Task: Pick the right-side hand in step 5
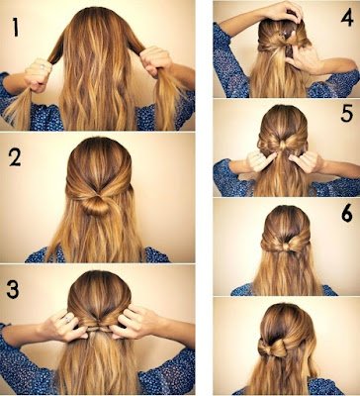pyautogui.click(x=308, y=158)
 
